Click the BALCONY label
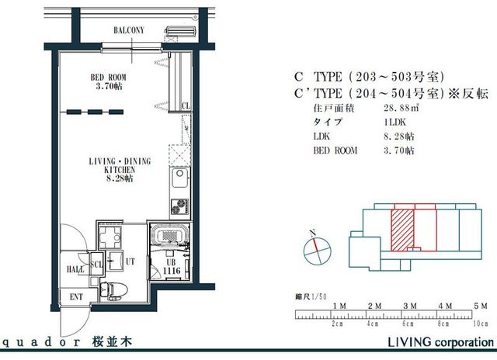pos(128,29)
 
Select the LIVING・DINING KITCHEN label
pos(119,169)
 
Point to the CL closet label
pos(186,106)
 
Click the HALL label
pos(75,269)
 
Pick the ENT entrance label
pos(77,296)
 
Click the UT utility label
pos(130,262)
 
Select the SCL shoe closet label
pos(98,262)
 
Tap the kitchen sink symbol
pos(178,183)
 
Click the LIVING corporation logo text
pos(440,342)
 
